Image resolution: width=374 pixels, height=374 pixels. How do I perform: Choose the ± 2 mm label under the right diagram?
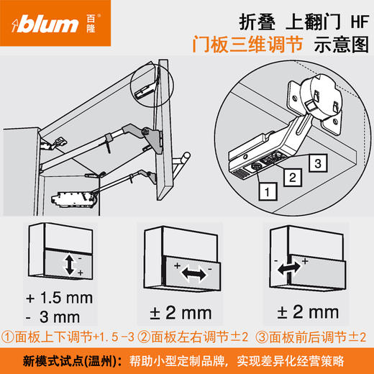point(307,312)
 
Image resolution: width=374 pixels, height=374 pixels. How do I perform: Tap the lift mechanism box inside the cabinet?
point(75,196)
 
